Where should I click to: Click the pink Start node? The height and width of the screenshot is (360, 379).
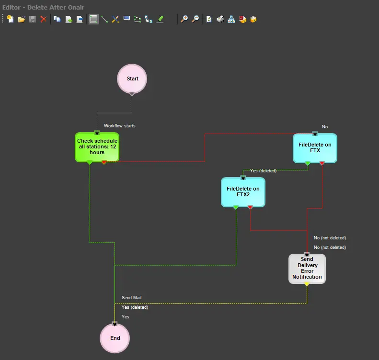132,79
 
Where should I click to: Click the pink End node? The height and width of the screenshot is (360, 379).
115,338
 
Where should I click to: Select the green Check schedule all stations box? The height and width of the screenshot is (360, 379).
97,146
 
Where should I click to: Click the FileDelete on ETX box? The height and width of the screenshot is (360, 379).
315,148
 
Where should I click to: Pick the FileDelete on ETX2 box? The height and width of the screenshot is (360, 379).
243,192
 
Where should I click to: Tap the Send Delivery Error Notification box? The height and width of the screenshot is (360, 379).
307,269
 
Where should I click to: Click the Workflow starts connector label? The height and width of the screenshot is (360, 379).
120,126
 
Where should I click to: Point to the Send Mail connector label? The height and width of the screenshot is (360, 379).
131,298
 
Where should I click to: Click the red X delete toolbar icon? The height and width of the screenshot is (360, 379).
44,19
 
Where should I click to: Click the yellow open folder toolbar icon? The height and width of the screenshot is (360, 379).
21,19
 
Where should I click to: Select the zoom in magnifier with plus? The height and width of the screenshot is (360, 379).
184,19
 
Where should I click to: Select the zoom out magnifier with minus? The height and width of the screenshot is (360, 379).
195,19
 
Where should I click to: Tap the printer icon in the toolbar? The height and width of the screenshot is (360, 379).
220,19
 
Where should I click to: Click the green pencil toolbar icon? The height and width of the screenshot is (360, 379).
161,19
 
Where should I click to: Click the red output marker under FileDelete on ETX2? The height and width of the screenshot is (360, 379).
250,207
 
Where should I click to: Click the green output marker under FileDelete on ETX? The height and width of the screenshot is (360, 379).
308,163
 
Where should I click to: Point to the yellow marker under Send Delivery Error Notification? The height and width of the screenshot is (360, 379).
307,284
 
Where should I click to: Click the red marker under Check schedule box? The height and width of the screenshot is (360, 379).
104,162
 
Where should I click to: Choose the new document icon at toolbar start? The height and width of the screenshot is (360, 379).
10,19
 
